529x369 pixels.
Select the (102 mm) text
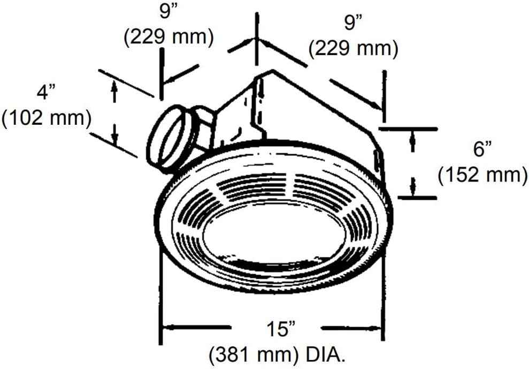[x=46, y=118]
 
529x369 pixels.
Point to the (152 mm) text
[x=482, y=175]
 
